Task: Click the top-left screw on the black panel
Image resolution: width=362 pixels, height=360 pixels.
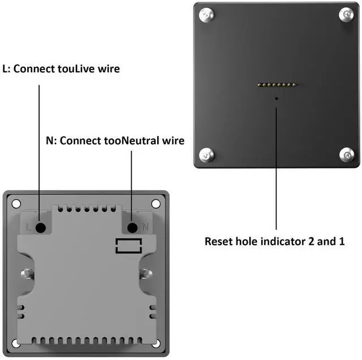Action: coord(206,15)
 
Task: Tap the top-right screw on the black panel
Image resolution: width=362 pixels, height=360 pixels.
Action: coord(346,15)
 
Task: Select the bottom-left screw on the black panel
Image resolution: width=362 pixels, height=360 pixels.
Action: coord(206,155)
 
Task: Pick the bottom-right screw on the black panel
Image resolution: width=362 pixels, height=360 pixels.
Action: coord(347,154)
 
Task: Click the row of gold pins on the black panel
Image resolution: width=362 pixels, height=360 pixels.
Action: coord(277,85)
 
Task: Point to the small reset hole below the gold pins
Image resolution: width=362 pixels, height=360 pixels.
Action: coord(277,98)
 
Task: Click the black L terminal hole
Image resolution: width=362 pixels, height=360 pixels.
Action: coord(41,228)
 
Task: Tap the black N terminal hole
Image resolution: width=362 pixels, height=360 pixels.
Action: coord(132,228)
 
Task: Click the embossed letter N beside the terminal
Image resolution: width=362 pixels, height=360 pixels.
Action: coord(145,227)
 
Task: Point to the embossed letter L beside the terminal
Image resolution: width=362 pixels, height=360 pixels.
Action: coord(28,227)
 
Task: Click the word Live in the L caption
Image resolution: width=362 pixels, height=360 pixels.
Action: coord(85,69)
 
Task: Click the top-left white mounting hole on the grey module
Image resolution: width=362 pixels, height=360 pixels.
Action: coord(16,203)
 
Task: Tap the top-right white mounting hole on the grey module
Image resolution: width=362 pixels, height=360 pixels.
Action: coord(156,203)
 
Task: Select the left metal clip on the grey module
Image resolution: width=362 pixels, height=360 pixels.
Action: coord(28,274)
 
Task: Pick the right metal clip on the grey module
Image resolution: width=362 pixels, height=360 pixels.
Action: coord(146,274)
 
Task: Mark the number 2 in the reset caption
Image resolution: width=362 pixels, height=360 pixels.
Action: coord(311,242)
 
